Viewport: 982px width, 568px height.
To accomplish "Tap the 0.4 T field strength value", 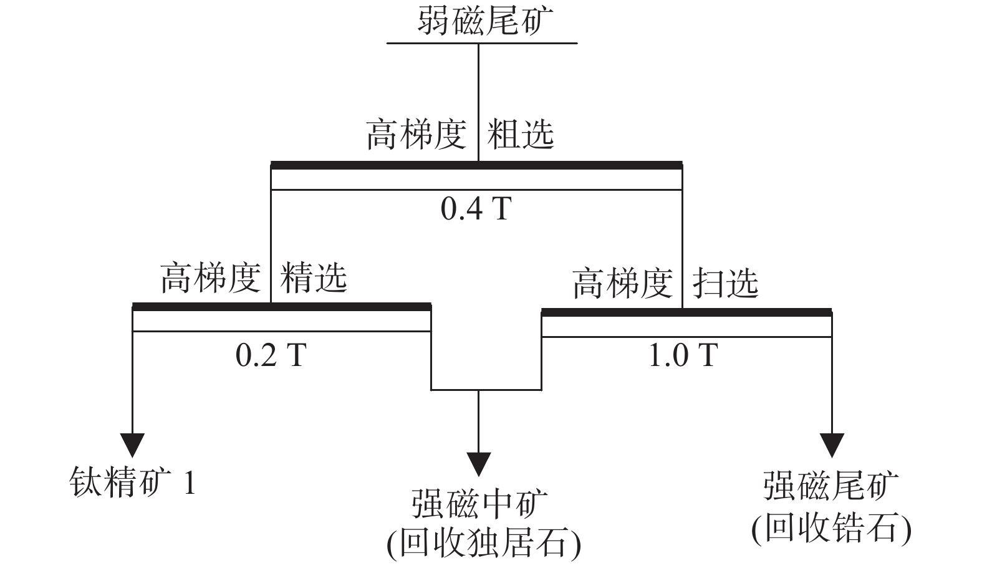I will tap(476, 209).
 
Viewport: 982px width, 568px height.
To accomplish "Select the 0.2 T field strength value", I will tap(271, 355).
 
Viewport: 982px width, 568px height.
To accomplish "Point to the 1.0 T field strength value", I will tap(683, 355).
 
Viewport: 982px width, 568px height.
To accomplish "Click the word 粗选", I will tap(520, 135).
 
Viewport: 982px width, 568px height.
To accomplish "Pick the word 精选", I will tap(314, 277).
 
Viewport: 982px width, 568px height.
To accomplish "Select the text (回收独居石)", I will tap(484, 543).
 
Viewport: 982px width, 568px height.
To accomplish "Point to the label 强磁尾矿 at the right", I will tap(831, 486).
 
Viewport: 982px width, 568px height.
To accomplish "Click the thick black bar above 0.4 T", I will tap(476, 165).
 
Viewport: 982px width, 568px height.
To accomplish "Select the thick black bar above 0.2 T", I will tap(281, 307).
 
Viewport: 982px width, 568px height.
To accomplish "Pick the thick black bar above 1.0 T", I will tap(686, 312).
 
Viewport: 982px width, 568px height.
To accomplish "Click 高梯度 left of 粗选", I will tap(416, 135).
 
